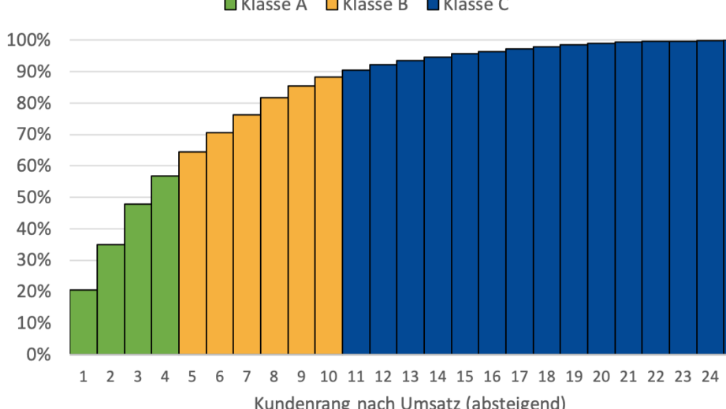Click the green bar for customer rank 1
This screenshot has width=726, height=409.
[84, 322]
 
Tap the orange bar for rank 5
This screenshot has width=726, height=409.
[193, 252]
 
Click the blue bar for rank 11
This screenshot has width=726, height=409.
[356, 212]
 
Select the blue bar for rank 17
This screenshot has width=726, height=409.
[519, 201]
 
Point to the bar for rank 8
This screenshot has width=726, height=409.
[274, 225]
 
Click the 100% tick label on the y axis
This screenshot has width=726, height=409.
[29, 40]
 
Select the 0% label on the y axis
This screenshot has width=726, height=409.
[37, 355]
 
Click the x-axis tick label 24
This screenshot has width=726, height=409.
[710, 377]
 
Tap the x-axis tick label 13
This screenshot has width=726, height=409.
[411, 377]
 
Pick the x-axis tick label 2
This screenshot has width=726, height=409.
[110, 377]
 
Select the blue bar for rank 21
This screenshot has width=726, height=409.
[628, 198]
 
